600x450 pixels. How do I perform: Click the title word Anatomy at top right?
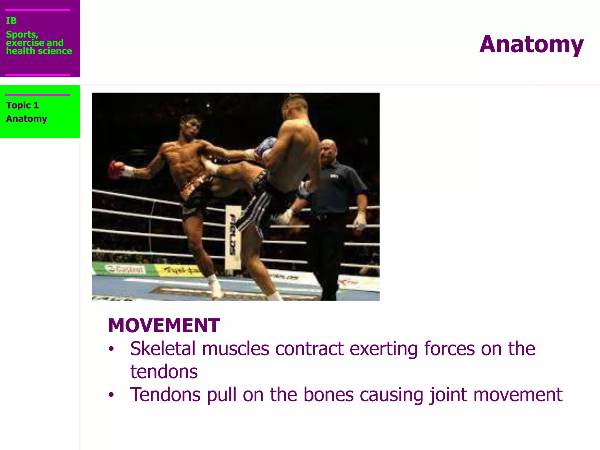click(x=531, y=45)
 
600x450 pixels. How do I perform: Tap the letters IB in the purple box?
click(x=11, y=21)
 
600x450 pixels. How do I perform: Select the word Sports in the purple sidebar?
click(x=22, y=35)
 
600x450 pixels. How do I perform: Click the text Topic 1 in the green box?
click(x=22, y=105)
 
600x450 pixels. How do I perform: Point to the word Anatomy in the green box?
click(x=27, y=119)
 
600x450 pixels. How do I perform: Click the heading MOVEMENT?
click(x=164, y=325)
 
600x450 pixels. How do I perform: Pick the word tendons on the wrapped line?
click(x=164, y=371)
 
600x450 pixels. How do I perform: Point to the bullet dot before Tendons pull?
click(x=111, y=395)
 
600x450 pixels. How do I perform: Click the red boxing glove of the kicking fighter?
click(x=115, y=169)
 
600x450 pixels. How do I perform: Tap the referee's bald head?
click(x=328, y=148)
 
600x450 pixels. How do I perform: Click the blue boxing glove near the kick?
click(x=266, y=146)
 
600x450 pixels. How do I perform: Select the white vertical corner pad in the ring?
click(x=233, y=237)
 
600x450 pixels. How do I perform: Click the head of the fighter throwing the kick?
click(x=190, y=127)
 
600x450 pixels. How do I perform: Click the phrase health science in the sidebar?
click(x=39, y=51)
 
